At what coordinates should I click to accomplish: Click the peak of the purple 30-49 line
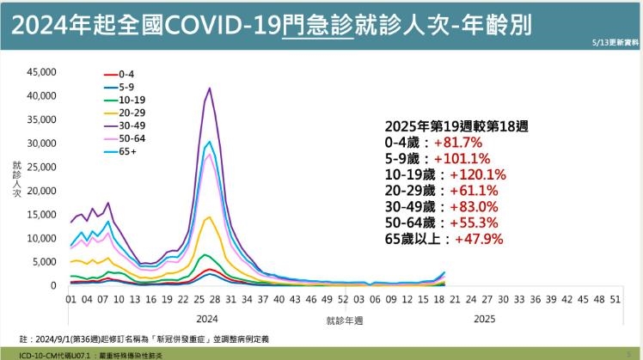point(210,88)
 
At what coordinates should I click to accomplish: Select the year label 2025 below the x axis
point(484,317)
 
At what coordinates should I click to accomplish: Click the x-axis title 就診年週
point(344,320)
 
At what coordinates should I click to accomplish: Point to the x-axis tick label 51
point(615,301)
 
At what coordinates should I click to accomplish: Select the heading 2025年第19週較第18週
point(456,125)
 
